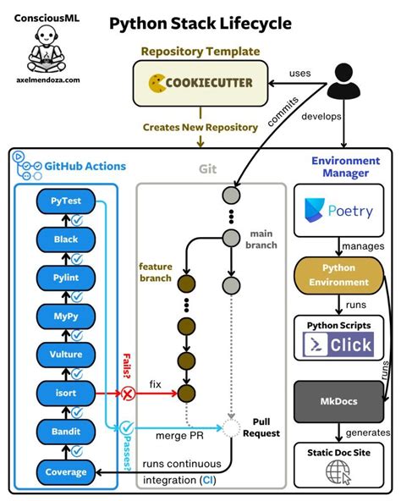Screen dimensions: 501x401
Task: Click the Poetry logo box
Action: coord(338,211)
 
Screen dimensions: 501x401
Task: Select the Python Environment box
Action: coord(338,275)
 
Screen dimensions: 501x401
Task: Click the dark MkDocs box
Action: coord(338,401)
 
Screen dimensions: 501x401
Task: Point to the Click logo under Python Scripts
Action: coord(338,344)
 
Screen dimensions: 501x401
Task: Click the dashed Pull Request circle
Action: coord(232,427)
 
